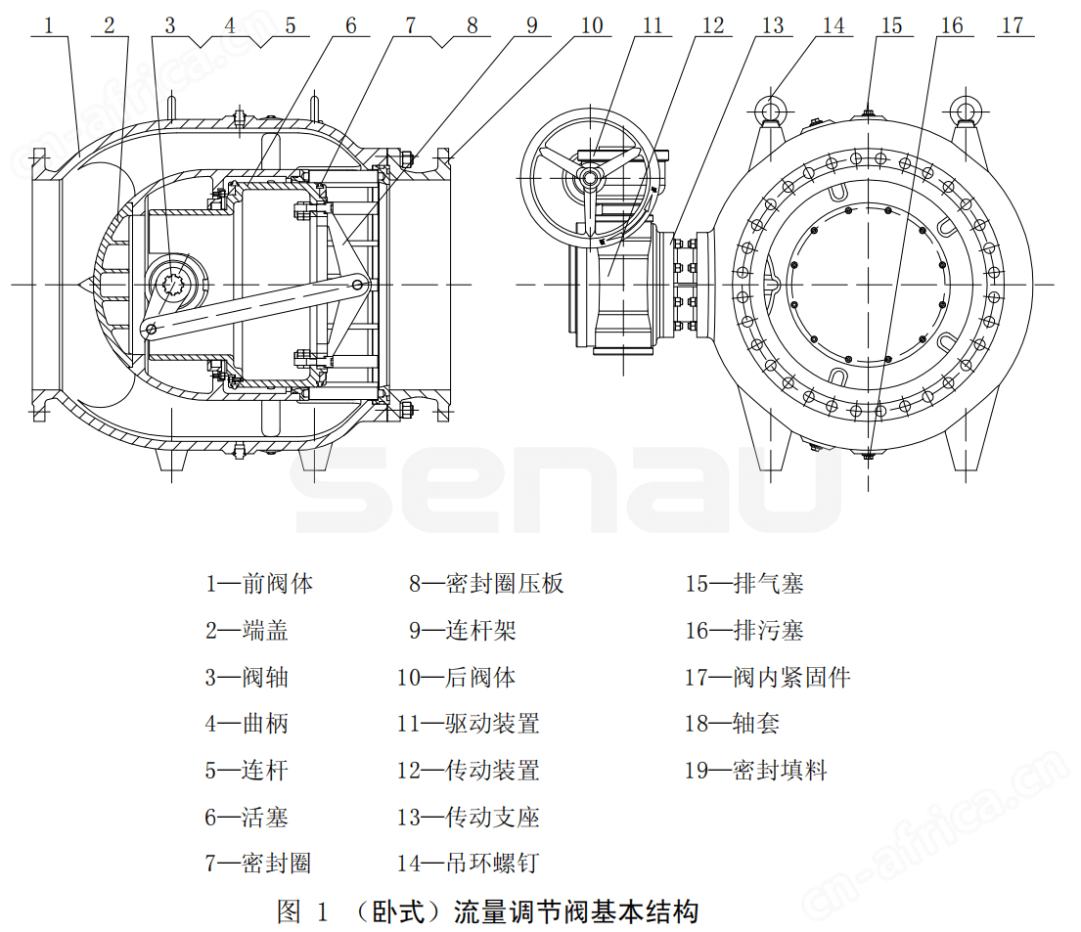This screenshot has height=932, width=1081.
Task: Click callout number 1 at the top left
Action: [x=48, y=24]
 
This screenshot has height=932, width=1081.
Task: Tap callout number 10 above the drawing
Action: [x=592, y=24]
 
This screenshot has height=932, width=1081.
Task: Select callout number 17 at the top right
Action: [x=1013, y=24]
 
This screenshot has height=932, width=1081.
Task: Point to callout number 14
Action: [x=833, y=24]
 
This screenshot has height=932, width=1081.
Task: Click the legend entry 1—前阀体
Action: [x=259, y=584]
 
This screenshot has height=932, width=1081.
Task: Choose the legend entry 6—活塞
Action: [x=247, y=817]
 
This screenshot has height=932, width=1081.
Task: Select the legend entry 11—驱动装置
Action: [x=469, y=724]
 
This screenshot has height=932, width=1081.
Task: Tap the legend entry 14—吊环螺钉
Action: [x=469, y=864]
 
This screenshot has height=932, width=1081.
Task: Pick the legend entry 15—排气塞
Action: [x=743, y=584]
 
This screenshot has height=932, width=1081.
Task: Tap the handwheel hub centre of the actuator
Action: [x=589, y=177]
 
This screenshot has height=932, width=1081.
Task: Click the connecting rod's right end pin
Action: [x=359, y=284]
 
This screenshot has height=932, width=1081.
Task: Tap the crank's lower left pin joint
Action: [x=151, y=330]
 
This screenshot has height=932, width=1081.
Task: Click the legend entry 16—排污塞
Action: [x=743, y=631]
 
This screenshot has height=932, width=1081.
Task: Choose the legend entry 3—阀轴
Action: [x=247, y=677]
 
